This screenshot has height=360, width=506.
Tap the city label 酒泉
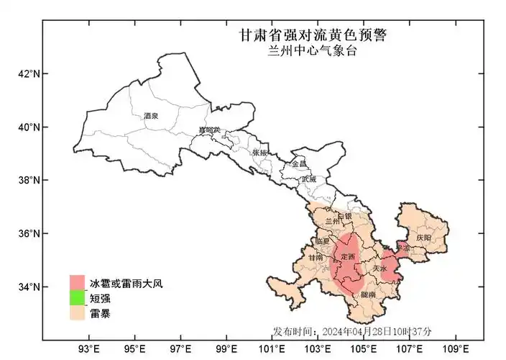151,115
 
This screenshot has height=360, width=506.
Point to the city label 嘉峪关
210,130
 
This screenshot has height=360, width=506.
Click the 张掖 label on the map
259,153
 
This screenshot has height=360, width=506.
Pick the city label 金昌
298,164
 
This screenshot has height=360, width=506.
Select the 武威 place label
308,178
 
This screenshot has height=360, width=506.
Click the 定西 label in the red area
348,257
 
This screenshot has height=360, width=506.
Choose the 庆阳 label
423,237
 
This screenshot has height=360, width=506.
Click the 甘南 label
316,257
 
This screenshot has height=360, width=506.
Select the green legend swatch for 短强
78,298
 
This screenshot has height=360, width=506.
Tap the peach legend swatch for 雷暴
78,313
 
